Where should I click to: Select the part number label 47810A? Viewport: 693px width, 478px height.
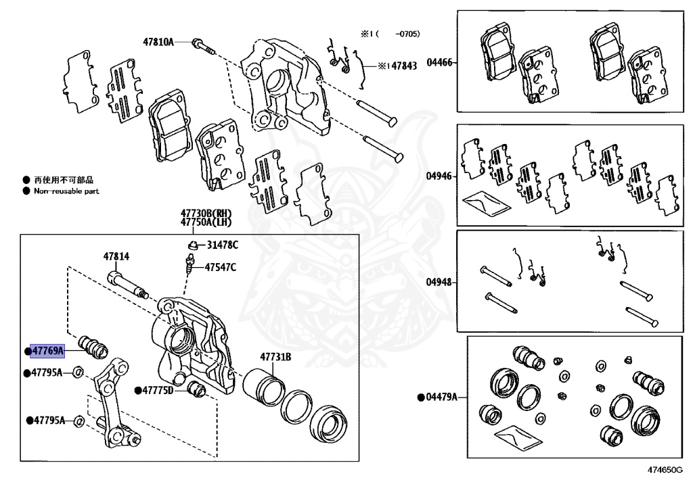158,42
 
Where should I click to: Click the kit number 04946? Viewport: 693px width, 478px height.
439,176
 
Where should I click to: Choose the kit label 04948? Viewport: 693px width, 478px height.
439,283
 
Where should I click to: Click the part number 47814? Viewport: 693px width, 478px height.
116,257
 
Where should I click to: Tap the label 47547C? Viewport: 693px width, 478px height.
221,267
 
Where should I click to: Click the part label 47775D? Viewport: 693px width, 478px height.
157,390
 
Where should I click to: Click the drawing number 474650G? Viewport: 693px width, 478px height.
664,469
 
